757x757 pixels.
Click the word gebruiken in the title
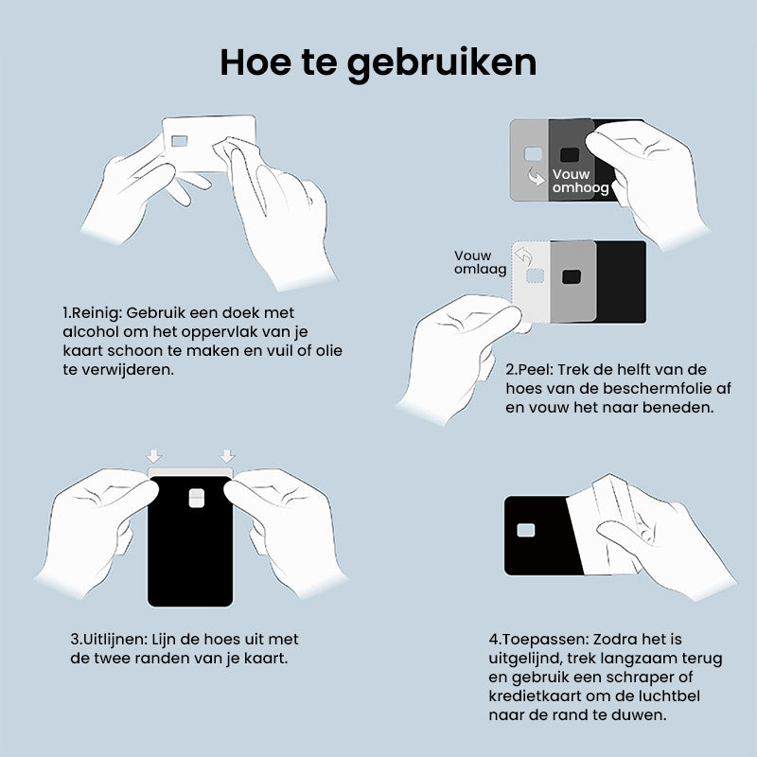[442, 64]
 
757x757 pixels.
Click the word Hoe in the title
[255, 62]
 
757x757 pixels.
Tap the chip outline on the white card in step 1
[180, 141]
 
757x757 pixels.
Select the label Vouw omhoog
[580, 181]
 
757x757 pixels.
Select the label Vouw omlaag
[480, 263]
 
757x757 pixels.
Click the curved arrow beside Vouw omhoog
[537, 177]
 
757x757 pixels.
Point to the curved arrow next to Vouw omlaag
[523, 255]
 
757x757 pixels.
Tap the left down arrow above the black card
[154, 456]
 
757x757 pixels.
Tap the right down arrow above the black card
[227, 456]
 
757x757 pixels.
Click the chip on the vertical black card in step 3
[197, 499]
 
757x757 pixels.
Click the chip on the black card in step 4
[526, 530]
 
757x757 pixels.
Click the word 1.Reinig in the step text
[92, 313]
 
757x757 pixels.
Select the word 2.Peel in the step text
[529, 370]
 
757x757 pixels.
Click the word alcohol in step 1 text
[90, 332]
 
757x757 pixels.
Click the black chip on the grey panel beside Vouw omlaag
[572, 276]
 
